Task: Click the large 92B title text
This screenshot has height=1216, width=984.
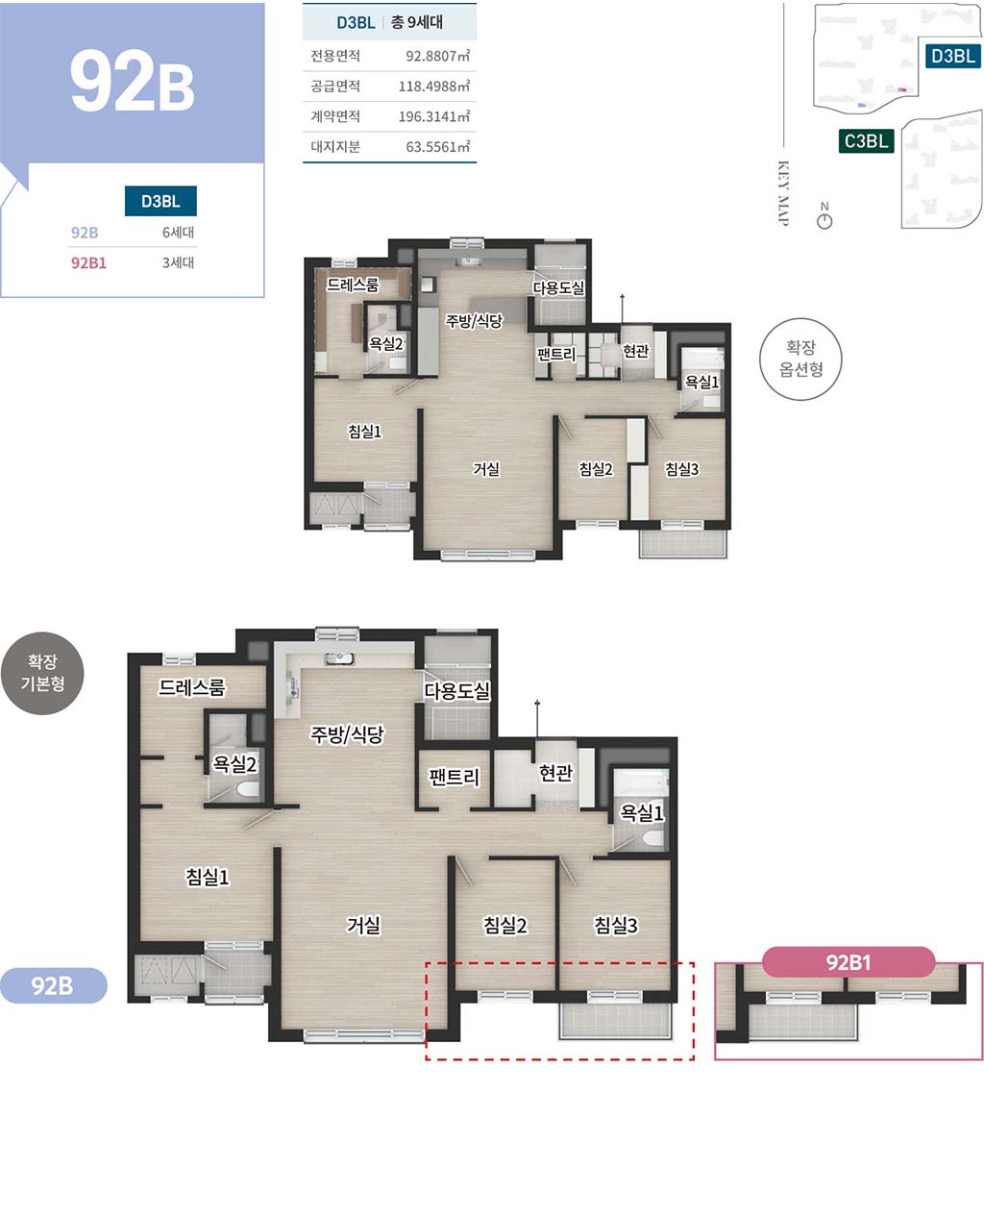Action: click(133, 81)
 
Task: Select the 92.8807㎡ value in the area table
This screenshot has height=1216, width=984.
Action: click(438, 56)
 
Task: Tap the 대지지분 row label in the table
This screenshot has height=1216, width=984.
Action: click(335, 147)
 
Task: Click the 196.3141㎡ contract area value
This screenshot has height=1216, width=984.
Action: click(433, 116)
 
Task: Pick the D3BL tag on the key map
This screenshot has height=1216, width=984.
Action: click(952, 56)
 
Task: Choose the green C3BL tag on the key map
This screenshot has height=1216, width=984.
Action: click(866, 141)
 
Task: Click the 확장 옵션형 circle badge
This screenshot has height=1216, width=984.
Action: click(800, 359)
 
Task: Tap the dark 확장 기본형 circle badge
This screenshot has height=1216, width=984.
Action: click(43, 673)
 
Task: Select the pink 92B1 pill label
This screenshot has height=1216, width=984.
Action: click(849, 962)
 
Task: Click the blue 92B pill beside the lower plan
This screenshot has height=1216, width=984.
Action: click(53, 986)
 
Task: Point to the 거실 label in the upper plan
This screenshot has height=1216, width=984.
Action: click(486, 469)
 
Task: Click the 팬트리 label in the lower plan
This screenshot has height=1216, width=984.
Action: click(455, 777)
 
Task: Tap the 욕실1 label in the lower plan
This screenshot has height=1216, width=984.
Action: click(642, 812)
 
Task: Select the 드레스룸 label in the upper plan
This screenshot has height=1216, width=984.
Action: click(352, 285)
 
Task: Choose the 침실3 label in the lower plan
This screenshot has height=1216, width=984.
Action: click(616, 925)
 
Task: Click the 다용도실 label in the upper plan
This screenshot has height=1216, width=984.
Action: click(558, 287)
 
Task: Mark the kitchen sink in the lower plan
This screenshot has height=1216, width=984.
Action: click(339, 658)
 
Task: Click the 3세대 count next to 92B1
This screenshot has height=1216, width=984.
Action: click(178, 262)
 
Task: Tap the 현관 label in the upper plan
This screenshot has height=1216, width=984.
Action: click(636, 351)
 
